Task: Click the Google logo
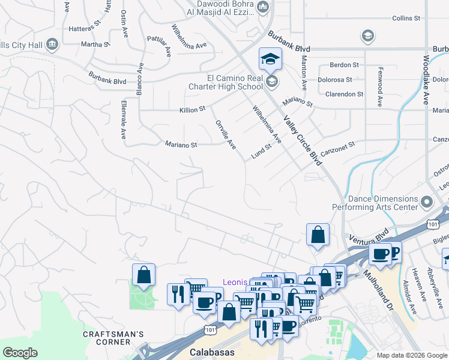coord(20,353)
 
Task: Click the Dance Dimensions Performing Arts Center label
coord(383,203)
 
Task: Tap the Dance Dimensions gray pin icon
coord(427,202)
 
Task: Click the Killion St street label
coord(192,110)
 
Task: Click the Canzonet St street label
coord(339,145)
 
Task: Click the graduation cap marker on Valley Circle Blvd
coord(270,59)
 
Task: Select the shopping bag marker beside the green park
coord(144,275)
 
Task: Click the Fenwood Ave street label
coord(380,86)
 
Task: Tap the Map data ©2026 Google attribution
coord(411,355)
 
